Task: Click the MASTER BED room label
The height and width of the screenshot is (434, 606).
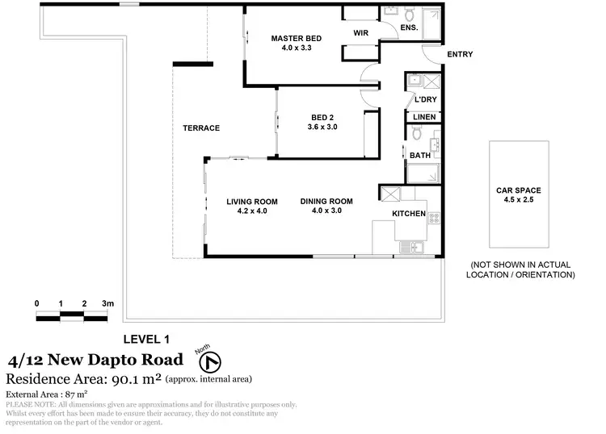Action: pos(297,38)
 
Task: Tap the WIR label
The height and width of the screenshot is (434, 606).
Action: pos(361,33)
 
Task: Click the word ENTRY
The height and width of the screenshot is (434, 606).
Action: pos(459,55)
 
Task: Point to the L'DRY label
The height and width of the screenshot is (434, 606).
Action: pos(425,100)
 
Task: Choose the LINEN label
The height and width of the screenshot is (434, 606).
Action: pos(424,118)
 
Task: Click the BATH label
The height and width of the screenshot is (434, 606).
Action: pos(419,156)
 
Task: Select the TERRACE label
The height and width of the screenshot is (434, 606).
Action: pos(201,128)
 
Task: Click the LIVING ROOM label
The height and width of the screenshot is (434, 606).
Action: pos(252,202)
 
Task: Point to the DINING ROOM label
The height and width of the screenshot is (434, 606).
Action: pos(326,202)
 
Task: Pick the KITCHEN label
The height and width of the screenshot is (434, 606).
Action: pos(409,214)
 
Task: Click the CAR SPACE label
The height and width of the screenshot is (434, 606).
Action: pos(520,191)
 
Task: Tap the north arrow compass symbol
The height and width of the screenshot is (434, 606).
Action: pos(216,361)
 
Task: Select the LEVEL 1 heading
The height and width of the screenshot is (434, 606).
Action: pos(145,339)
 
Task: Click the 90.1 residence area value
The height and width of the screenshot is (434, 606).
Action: pos(128,378)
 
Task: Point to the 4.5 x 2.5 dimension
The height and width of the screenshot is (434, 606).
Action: pos(520,201)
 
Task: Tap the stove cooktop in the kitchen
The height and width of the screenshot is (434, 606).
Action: pos(434,217)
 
